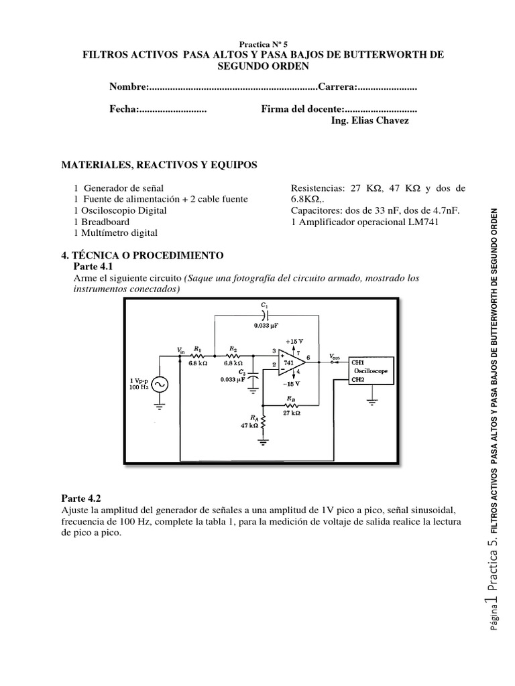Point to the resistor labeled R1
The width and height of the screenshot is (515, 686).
coord(198,356)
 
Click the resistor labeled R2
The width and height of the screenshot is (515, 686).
coord(232,356)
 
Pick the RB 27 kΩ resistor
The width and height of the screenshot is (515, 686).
coord(290,405)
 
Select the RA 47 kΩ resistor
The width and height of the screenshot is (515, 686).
coord(264,423)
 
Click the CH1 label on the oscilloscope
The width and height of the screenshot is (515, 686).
coord(360,360)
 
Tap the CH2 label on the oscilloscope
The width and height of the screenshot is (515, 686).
coord(360,379)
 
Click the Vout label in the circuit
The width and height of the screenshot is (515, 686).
coord(335,356)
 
